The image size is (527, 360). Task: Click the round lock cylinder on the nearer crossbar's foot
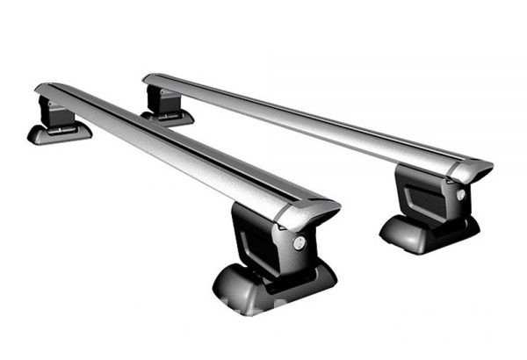(300, 243)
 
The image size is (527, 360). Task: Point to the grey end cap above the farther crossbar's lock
(471, 169)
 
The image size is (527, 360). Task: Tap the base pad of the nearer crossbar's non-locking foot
(58, 133)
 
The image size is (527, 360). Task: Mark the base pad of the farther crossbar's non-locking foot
(167, 116)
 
